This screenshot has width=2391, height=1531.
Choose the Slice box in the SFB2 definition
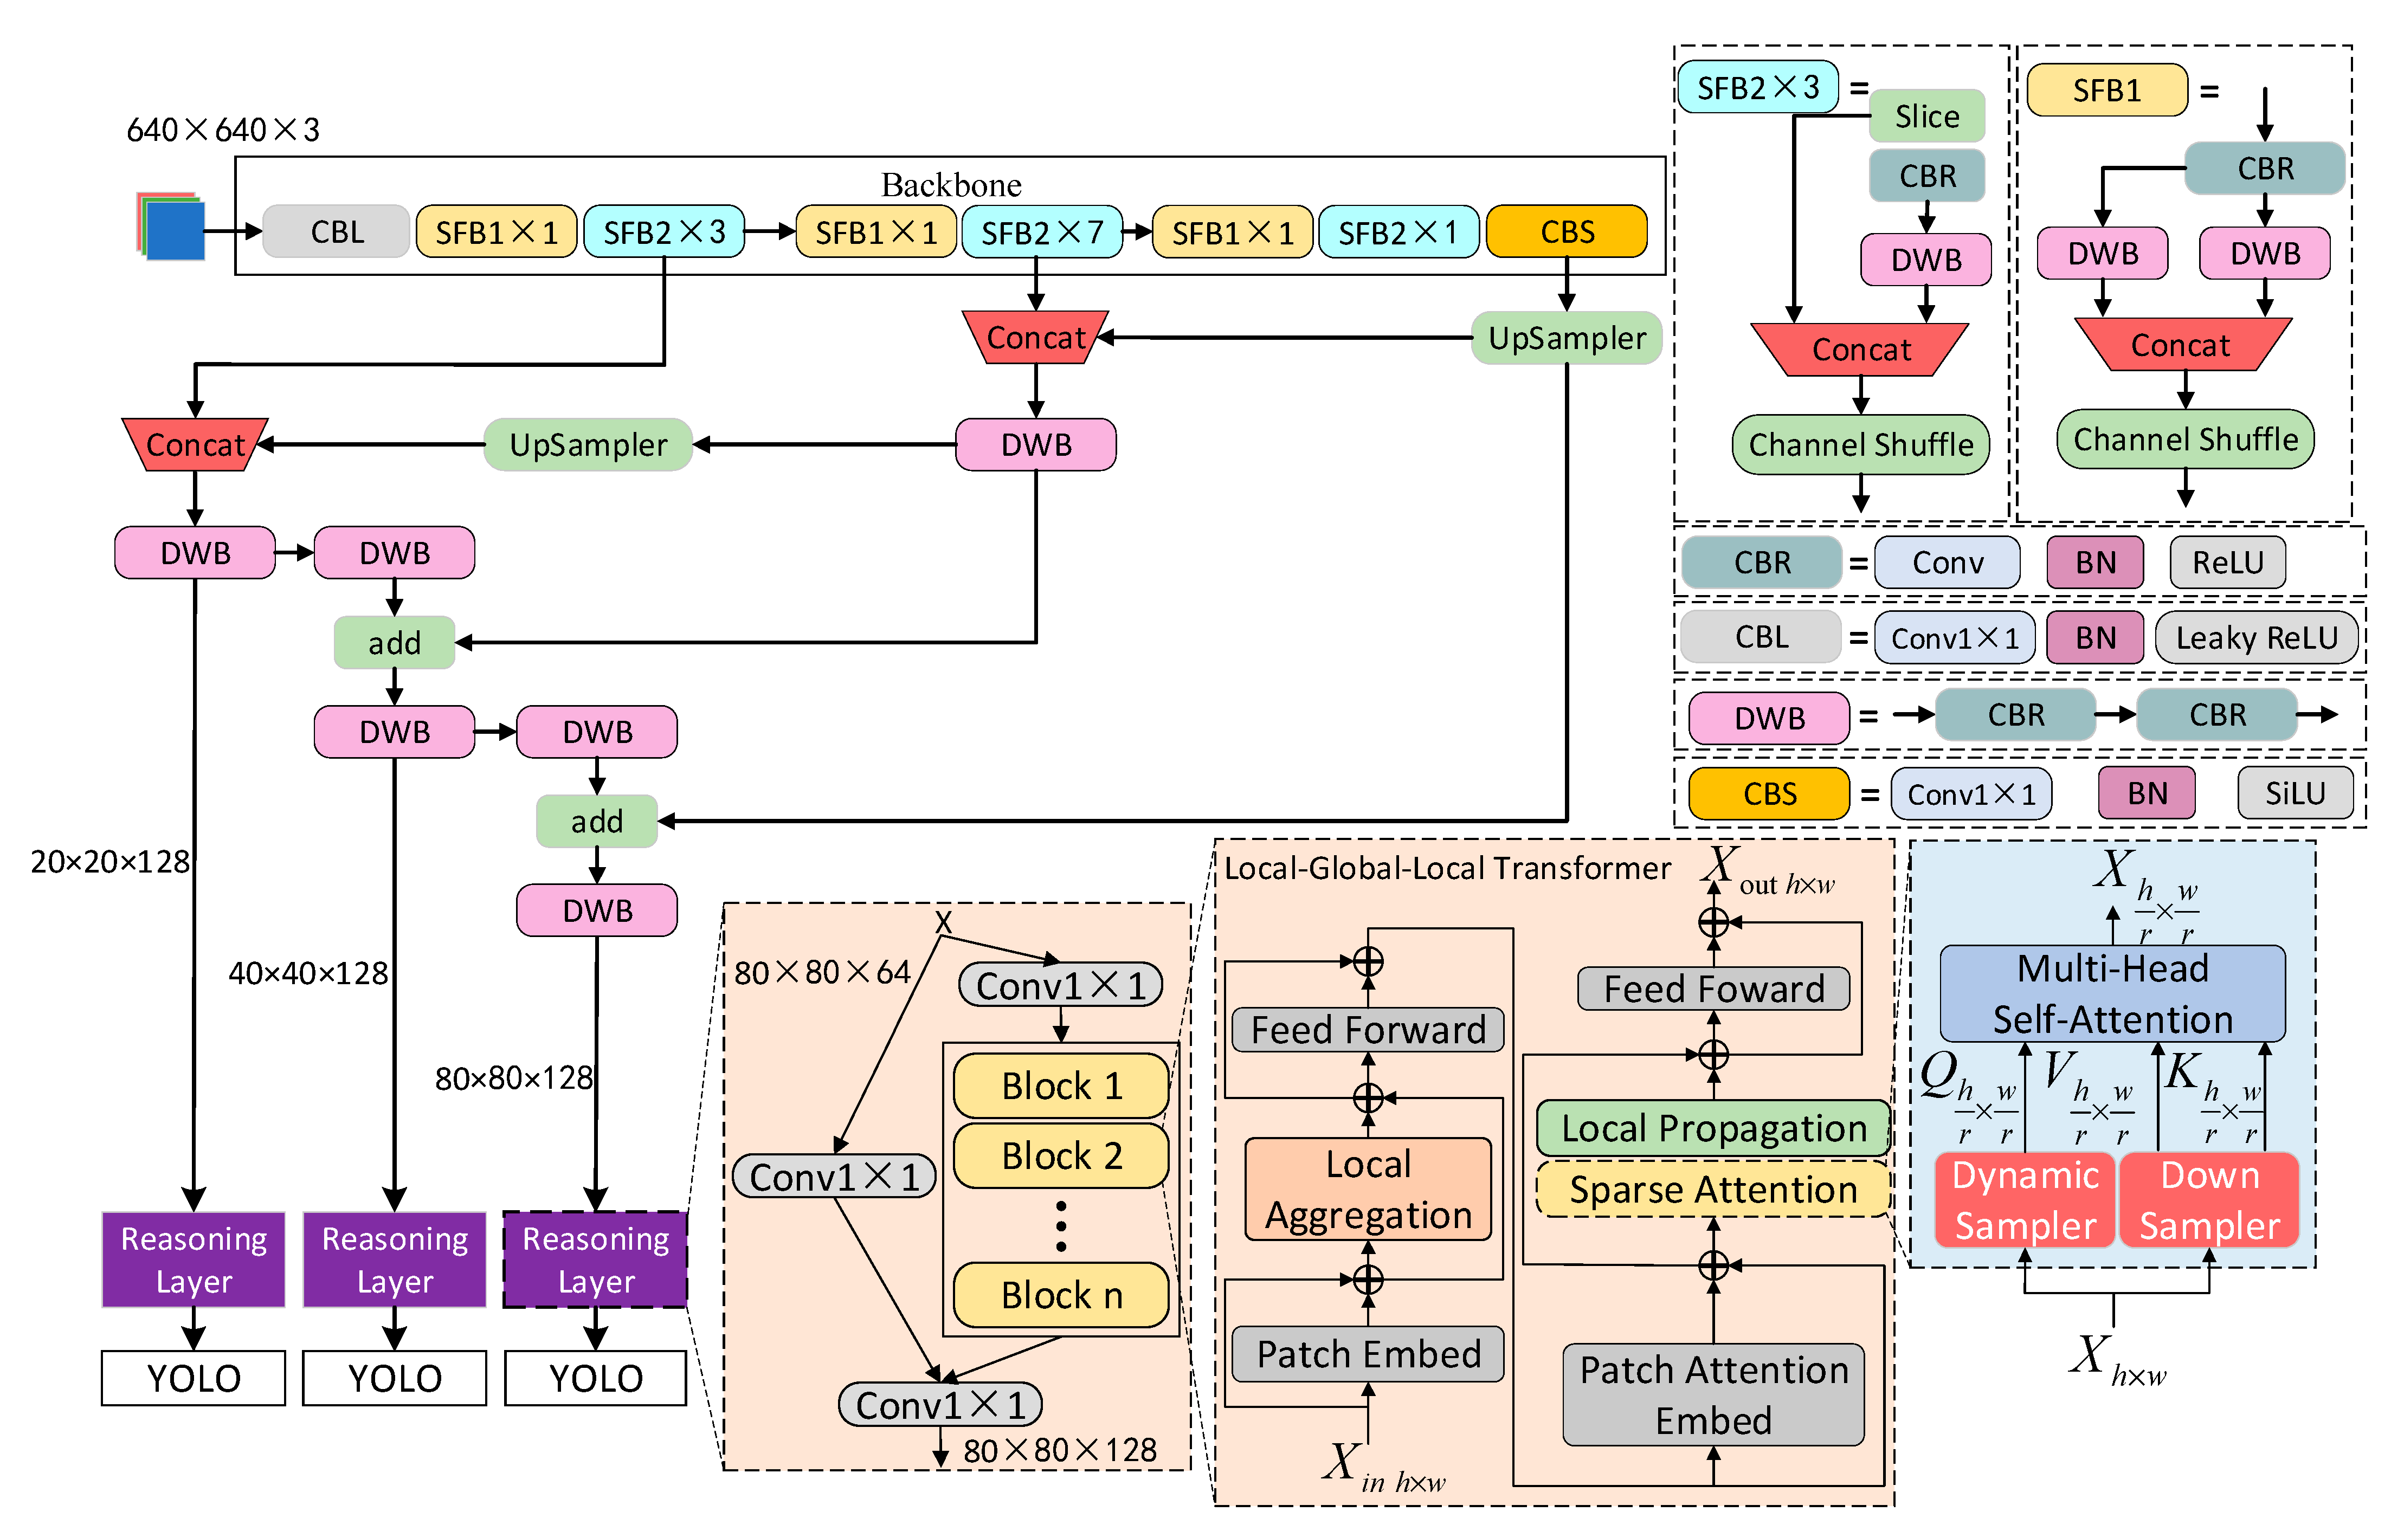click(x=1926, y=117)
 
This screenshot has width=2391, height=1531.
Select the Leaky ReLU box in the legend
click(x=2256, y=637)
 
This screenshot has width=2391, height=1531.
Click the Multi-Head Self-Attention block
click(x=2112, y=993)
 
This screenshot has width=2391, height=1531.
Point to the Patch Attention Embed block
click(x=1713, y=1395)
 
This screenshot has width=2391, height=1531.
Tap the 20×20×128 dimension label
click(x=109, y=862)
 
